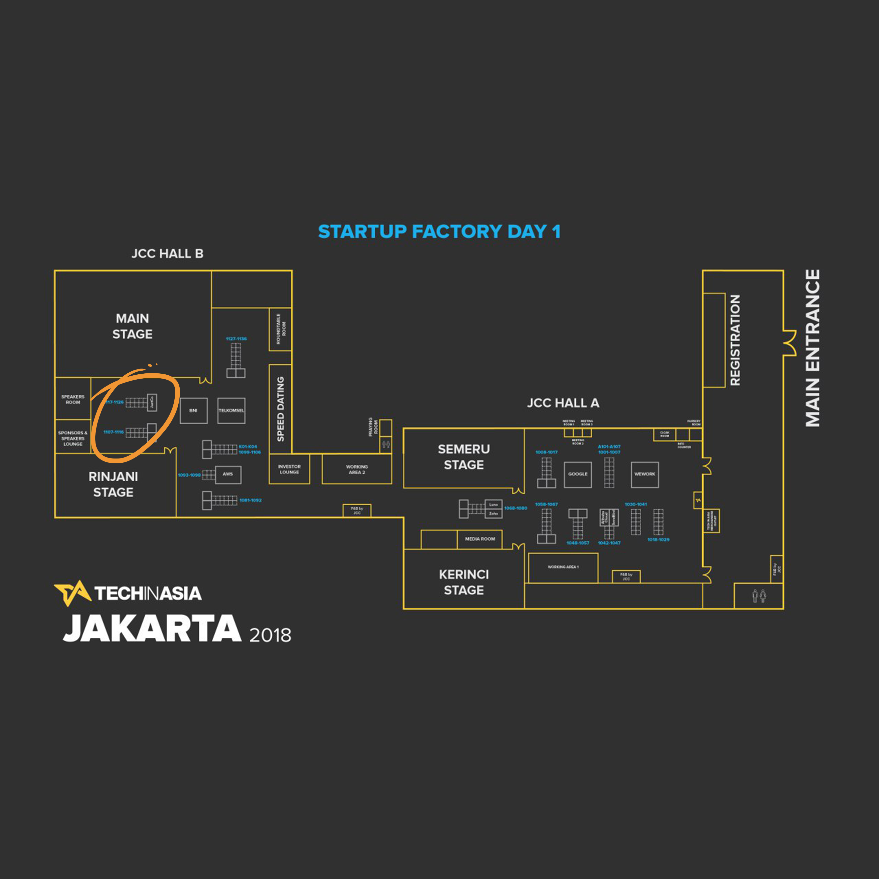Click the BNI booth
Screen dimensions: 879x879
[193, 410]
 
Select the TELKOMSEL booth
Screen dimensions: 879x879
[231, 410]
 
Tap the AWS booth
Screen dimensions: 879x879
[228, 474]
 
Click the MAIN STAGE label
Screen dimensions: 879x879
[132, 326]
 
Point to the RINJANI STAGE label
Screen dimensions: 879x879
[113, 484]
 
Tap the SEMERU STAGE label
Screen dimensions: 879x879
[464, 457]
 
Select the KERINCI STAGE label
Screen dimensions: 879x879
[464, 582]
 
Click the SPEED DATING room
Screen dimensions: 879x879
[280, 409]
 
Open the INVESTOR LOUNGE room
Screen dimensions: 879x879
[289, 469]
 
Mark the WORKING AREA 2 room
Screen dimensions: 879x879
[357, 469]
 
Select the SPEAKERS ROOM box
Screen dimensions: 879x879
[73, 399]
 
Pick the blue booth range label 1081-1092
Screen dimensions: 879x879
[250, 500]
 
